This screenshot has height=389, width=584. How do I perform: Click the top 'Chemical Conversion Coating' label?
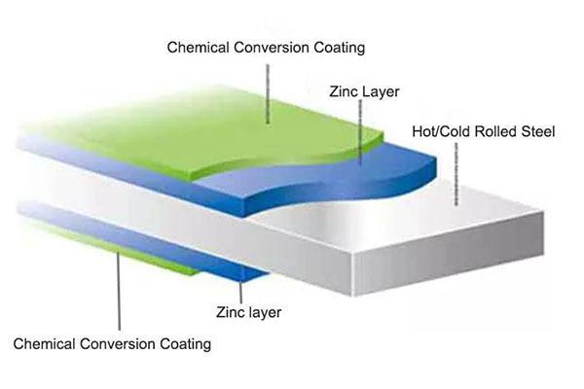pyautogui.click(x=252, y=47)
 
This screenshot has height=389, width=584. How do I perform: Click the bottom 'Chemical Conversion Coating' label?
pyautogui.click(x=112, y=343)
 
